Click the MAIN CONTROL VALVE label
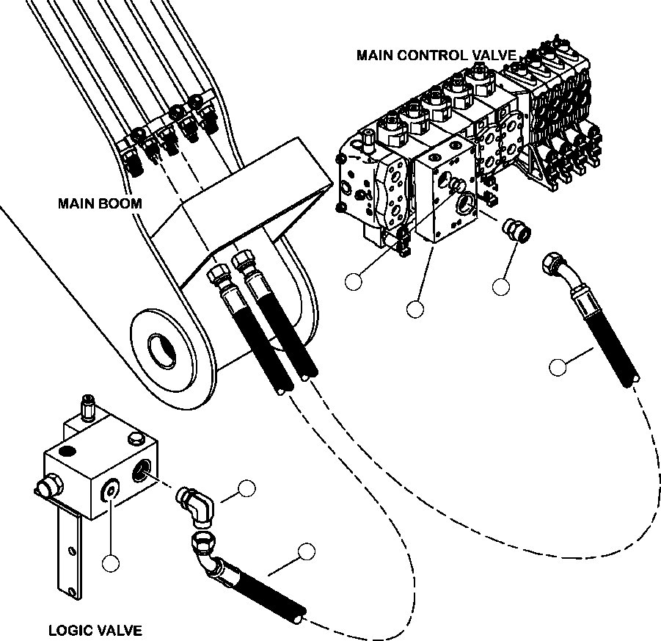[436, 55]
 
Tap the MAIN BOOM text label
[99, 203]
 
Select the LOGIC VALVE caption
[95, 629]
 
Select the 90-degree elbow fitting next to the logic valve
[196, 506]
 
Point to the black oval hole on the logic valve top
[68, 449]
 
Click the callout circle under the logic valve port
[111, 563]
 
